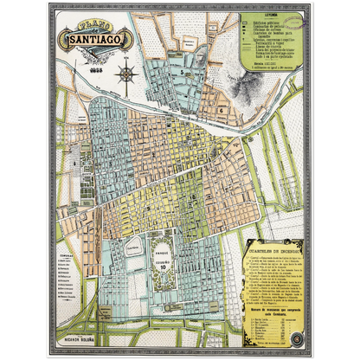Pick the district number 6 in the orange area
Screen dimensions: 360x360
[223, 111]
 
